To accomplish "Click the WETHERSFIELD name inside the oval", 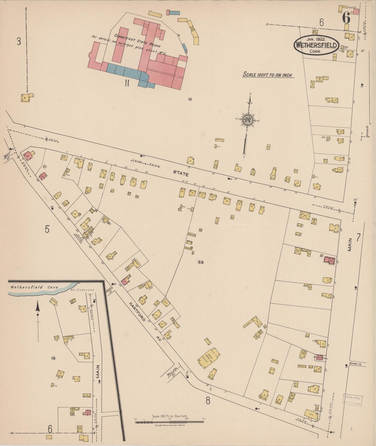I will (316, 46).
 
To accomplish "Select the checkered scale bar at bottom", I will (169, 422).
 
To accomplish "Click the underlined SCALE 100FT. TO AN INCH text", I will (267, 75).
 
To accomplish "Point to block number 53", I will (200, 262).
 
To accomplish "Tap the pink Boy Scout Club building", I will (320, 358).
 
